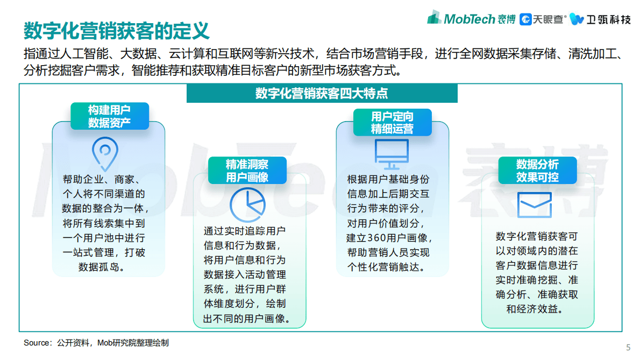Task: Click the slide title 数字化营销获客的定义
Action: click(117, 31)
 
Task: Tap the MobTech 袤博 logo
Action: click(471, 19)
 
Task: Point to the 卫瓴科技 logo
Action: click(600, 19)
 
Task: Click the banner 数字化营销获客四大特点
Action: click(322, 93)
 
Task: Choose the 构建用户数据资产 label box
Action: click(109, 116)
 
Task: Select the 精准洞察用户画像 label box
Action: click(247, 171)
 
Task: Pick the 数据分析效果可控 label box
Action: click(537, 171)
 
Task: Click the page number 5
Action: click(628, 347)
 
